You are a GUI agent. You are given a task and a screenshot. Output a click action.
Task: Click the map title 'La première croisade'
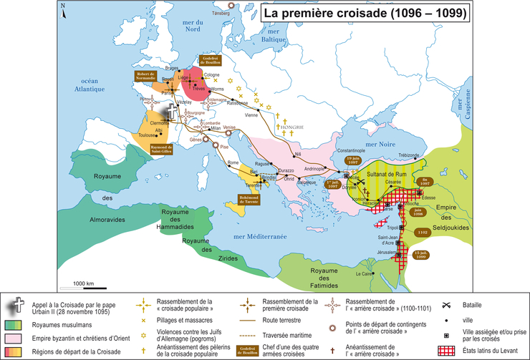click(365, 13)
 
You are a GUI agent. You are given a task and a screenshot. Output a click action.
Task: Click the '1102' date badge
click(422, 233)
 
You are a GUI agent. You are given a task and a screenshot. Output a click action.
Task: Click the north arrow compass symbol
click(63, 10)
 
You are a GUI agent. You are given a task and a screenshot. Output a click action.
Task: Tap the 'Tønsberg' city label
click(219, 13)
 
